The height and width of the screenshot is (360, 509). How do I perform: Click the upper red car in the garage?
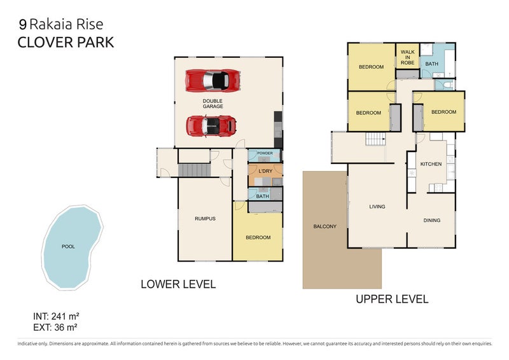(x=213, y=81)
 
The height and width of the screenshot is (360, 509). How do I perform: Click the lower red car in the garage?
(x=211, y=126)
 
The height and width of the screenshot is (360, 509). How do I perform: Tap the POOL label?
(x=68, y=247)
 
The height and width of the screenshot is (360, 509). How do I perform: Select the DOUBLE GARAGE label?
(x=213, y=104)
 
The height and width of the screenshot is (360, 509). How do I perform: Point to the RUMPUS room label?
(x=205, y=219)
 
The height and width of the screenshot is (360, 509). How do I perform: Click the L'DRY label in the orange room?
(x=265, y=171)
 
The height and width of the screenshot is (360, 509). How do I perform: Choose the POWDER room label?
(x=265, y=153)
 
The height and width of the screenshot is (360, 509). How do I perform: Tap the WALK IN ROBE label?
(x=407, y=57)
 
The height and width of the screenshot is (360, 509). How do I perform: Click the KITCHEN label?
(x=431, y=164)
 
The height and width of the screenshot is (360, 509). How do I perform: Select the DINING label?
(x=432, y=221)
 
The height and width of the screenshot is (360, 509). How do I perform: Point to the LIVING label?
(x=377, y=207)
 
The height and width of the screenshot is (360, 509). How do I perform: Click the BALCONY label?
(x=324, y=226)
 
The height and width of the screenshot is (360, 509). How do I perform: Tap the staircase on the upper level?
(x=375, y=139)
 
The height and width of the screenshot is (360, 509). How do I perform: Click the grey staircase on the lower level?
(x=195, y=170)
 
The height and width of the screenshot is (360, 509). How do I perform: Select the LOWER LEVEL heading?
(x=178, y=284)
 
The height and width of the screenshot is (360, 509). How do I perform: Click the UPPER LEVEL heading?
(x=392, y=299)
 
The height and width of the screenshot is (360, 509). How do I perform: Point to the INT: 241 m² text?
(x=56, y=316)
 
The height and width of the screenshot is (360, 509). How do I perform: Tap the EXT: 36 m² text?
(x=55, y=327)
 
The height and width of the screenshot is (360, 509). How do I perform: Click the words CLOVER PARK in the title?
(x=66, y=43)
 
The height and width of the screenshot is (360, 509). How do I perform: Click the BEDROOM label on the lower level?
(x=258, y=238)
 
